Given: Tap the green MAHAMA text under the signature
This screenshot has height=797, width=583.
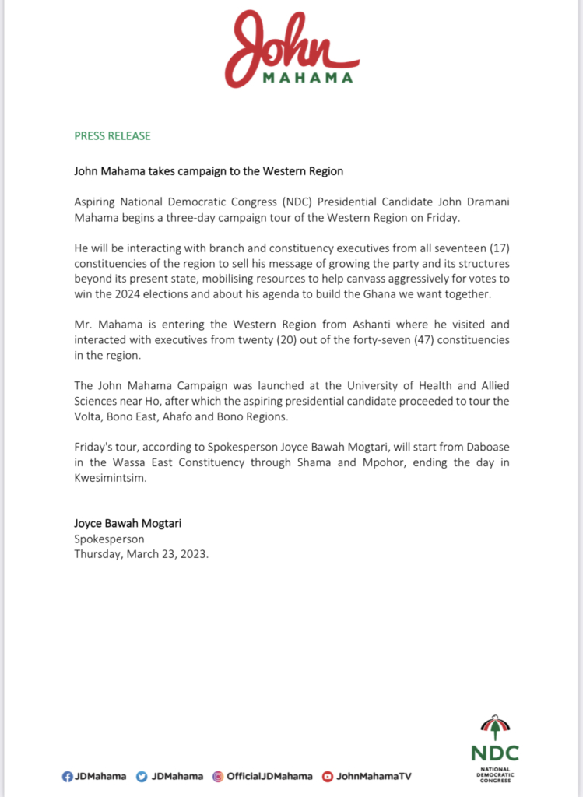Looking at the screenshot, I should click(307, 78).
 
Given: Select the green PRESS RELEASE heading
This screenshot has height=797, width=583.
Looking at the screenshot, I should click(112, 135).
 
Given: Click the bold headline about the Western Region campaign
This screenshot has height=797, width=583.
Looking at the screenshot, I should click(209, 170).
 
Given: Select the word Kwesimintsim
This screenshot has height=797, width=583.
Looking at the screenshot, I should click(111, 478).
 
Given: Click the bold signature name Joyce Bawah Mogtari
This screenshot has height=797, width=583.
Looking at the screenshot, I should click(129, 524).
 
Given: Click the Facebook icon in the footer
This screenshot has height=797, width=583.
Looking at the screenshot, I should click(67, 776).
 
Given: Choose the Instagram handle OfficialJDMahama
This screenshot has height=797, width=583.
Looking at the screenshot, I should click(269, 776).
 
